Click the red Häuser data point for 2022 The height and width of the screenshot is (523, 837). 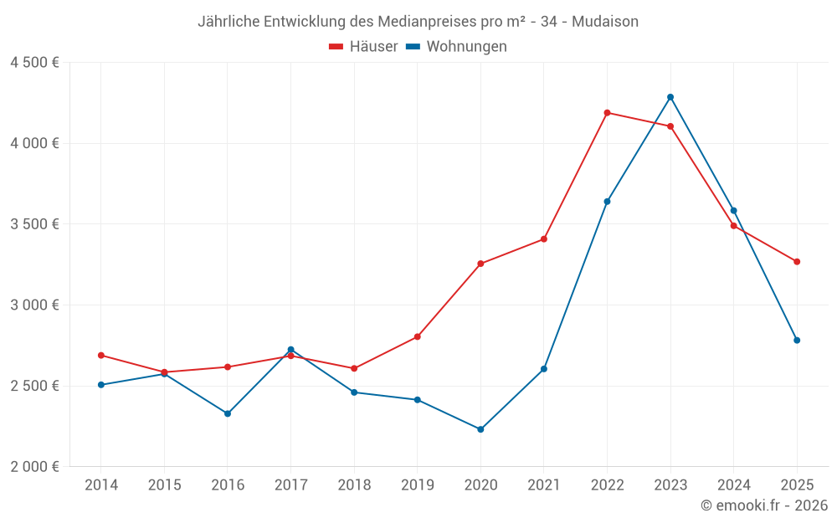[607, 113]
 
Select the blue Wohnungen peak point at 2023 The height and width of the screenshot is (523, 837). [670, 97]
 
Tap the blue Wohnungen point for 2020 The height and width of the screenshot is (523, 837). [480, 429]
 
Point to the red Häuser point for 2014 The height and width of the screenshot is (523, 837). [101, 356]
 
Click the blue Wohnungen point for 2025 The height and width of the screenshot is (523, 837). [797, 341]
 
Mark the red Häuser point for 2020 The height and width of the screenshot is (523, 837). [480, 264]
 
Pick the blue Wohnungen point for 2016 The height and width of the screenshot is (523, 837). [228, 413]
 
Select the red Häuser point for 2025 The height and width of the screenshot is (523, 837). [797, 262]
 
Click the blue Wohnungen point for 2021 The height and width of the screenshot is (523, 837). [544, 369]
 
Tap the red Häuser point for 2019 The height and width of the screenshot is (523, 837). [418, 337]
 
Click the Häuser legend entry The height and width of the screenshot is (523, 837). [364, 47]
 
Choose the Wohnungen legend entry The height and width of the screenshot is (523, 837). [457, 47]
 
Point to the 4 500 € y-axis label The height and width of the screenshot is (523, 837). [34, 63]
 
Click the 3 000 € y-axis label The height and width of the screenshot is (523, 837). [34, 305]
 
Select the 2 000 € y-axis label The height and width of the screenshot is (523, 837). [34, 467]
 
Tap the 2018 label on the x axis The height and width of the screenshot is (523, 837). [354, 485]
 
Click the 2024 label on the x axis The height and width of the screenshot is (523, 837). [734, 485]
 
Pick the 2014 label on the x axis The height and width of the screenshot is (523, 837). [101, 485]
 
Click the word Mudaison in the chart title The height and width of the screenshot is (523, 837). [605, 22]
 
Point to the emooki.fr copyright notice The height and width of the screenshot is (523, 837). [764, 505]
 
